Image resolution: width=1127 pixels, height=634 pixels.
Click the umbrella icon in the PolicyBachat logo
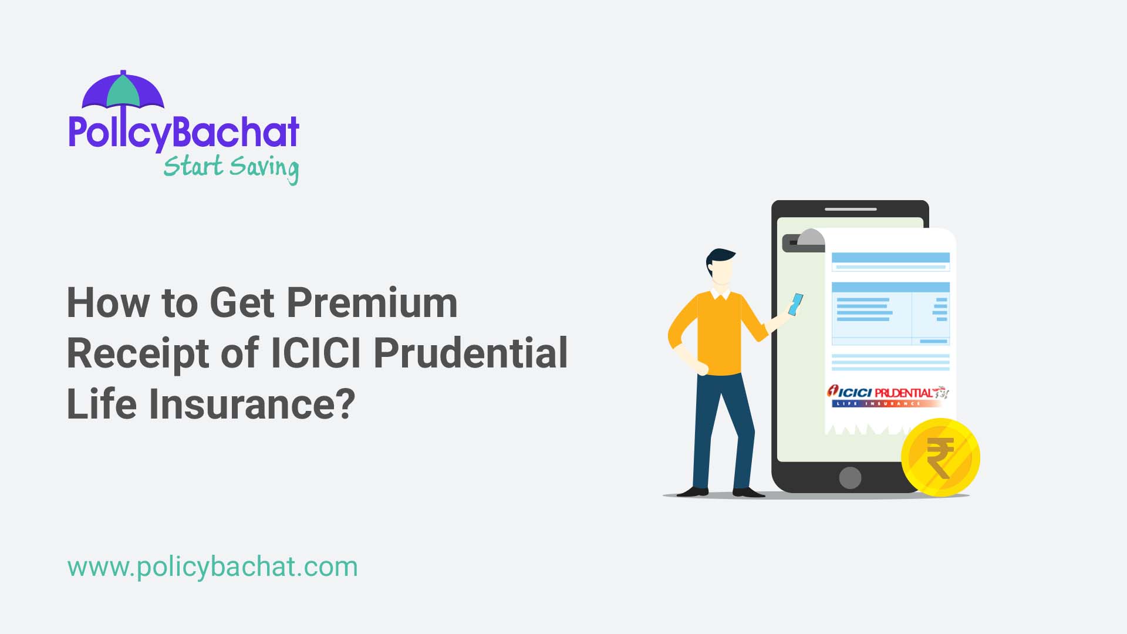click(x=123, y=90)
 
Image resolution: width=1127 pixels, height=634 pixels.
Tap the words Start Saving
click(x=231, y=167)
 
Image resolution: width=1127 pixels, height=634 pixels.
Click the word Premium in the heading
click(x=372, y=303)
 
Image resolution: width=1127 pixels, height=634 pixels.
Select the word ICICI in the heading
click(x=317, y=353)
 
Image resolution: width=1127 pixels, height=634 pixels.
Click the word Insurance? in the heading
click(x=252, y=404)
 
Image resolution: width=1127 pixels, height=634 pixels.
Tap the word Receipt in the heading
click(x=138, y=353)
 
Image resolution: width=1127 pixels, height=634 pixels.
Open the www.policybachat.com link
click(x=212, y=567)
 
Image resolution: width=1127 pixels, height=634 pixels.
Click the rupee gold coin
click(x=940, y=457)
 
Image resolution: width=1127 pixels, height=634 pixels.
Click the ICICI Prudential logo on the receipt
click(x=888, y=395)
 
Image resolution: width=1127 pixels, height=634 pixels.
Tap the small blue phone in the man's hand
click(x=796, y=305)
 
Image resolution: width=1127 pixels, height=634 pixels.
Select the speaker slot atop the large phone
click(x=851, y=209)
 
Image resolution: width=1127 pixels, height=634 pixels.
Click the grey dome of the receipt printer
click(x=811, y=237)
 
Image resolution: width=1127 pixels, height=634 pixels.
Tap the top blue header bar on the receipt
click(x=890, y=258)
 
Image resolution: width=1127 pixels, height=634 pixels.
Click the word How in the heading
click(x=108, y=303)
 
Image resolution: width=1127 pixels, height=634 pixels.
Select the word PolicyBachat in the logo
click(x=184, y=132)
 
